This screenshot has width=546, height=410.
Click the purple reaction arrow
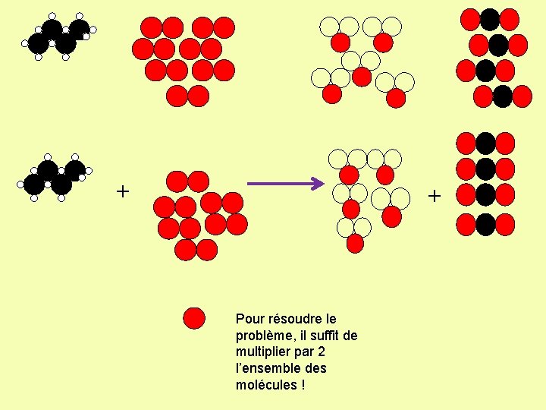(284, 183)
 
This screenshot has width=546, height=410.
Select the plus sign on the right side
(434, 196)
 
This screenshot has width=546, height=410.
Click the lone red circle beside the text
(195, 318)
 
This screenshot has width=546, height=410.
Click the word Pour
(249, 319)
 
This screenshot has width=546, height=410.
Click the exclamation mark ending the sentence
(303, 385)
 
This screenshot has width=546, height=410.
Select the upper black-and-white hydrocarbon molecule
(58, 36)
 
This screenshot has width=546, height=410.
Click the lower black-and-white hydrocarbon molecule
(55, 177)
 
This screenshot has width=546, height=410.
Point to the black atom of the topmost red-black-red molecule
(490, 19)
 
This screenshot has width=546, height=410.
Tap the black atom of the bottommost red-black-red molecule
(485, 224)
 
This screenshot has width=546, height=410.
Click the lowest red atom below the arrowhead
(355, 244)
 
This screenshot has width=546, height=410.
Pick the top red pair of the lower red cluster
(187, 181)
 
